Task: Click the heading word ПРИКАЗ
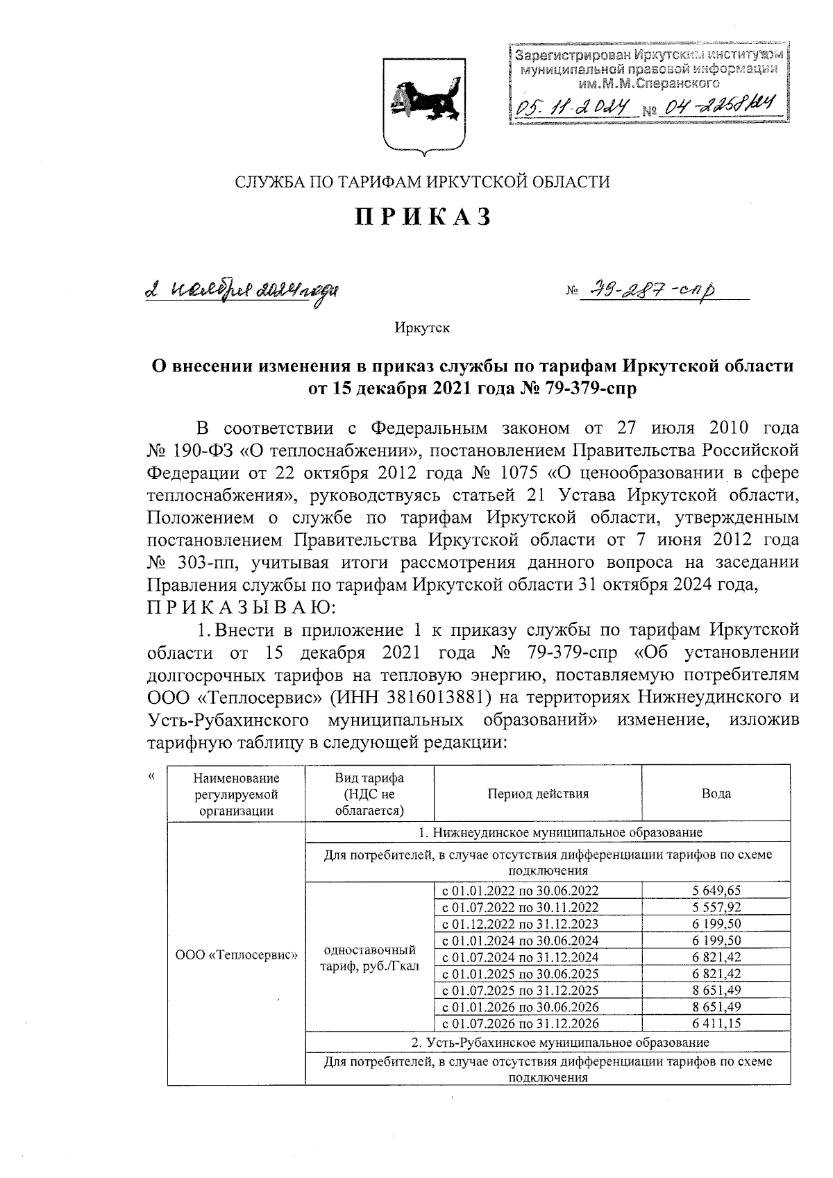point(423,217)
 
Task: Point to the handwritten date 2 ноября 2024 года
point(243,290)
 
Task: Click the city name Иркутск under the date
point(422,327)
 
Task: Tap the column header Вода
point(716,793)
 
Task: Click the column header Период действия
point(537,793)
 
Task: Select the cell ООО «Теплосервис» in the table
point(236,954)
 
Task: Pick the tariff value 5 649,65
point(716,891)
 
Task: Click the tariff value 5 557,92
point(716,907)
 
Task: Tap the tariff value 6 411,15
point(716,1023)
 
